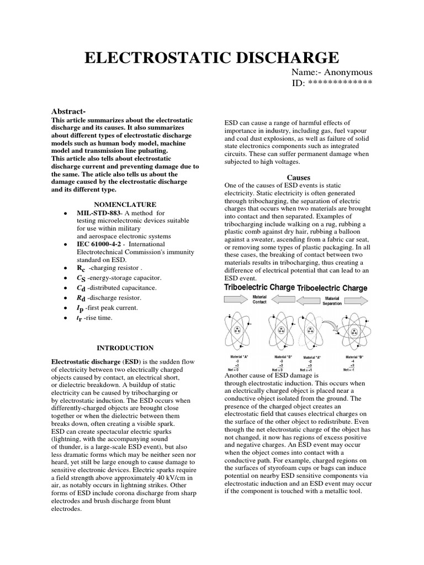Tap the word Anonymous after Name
(x=348, y=72)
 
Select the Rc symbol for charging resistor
(x=81, y=268)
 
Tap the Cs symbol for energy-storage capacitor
(x=81, y=278)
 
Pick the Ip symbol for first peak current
(x=81, y=307)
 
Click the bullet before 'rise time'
(x=66, y=317)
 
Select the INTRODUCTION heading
(x=125, y=348)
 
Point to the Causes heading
(x=299, y=178)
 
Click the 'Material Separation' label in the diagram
(x=332, y=301)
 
